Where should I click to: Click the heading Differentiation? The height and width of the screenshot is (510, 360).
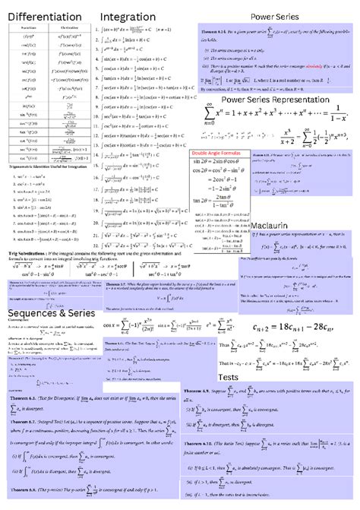[x=45, y=17]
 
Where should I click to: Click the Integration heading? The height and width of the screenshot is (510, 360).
[x=128, y=17]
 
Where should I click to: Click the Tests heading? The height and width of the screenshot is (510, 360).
[x=229, y=378]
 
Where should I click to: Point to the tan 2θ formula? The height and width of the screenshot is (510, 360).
[x=216, y=200]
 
